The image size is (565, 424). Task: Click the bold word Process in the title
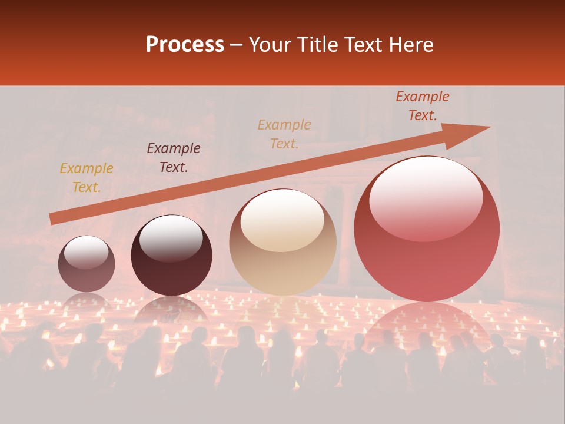[x=185, y=45]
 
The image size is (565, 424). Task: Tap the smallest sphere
[x=87, y=263]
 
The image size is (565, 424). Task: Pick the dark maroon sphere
[x=171, y=256]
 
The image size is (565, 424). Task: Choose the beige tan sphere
[x=282, y=242]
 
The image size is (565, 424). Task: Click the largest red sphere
[x=427, y=228]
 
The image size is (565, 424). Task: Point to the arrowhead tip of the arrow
[x=490, y=127]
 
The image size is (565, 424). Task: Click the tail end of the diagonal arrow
[x=51, y=219]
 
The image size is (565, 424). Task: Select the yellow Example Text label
[x=87, y=178]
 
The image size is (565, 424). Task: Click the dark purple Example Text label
[x=174, y=158]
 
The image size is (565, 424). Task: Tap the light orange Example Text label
[x=284, y=134]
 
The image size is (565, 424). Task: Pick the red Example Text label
[x=423, y=106]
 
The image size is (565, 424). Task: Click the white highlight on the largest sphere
[x=426, y=197]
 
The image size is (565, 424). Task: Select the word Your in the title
[x=268, y=45]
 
